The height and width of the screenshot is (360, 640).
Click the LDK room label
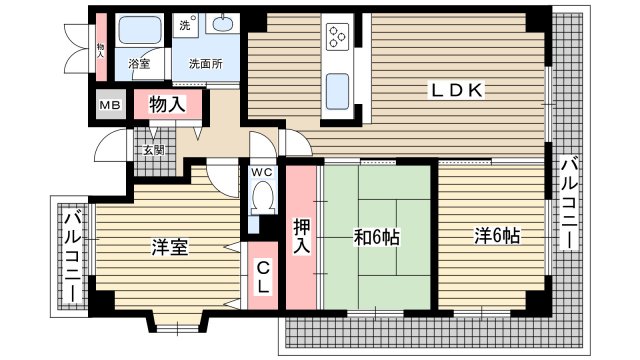point(458,91)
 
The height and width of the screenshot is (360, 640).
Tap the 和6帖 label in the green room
point(377,238)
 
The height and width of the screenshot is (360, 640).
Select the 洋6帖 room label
point(496,237)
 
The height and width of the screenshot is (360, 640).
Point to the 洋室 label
point(170,246)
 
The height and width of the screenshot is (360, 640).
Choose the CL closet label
point(261,277)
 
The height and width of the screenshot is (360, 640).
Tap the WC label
point(261,172)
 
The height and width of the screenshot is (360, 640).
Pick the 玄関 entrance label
point(153,150)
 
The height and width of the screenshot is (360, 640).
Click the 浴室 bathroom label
point(139,64)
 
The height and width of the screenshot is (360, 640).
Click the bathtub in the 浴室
point(141,31)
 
